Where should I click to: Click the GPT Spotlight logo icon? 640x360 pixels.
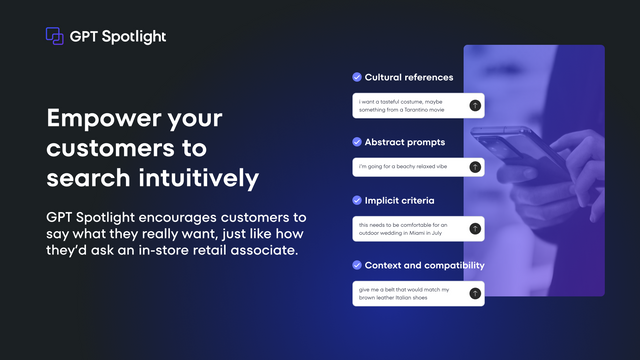click(55, 36)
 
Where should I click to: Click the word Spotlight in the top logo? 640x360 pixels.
click(132, 37)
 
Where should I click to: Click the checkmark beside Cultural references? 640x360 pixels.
click(357, 77)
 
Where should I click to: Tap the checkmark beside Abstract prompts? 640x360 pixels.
click(357, 142)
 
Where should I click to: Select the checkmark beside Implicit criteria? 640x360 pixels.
click(357, 201)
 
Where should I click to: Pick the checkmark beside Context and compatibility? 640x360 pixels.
click(357, 265)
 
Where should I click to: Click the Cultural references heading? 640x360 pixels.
click(408, 77)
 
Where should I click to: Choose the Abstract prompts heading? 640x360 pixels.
click(404, 142)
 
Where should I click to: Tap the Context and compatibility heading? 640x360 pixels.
click(424, 265)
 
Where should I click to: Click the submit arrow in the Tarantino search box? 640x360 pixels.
click(475, 105)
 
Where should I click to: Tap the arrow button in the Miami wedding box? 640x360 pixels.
click(475, 229)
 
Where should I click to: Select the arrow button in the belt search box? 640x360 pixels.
click(475, 293)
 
